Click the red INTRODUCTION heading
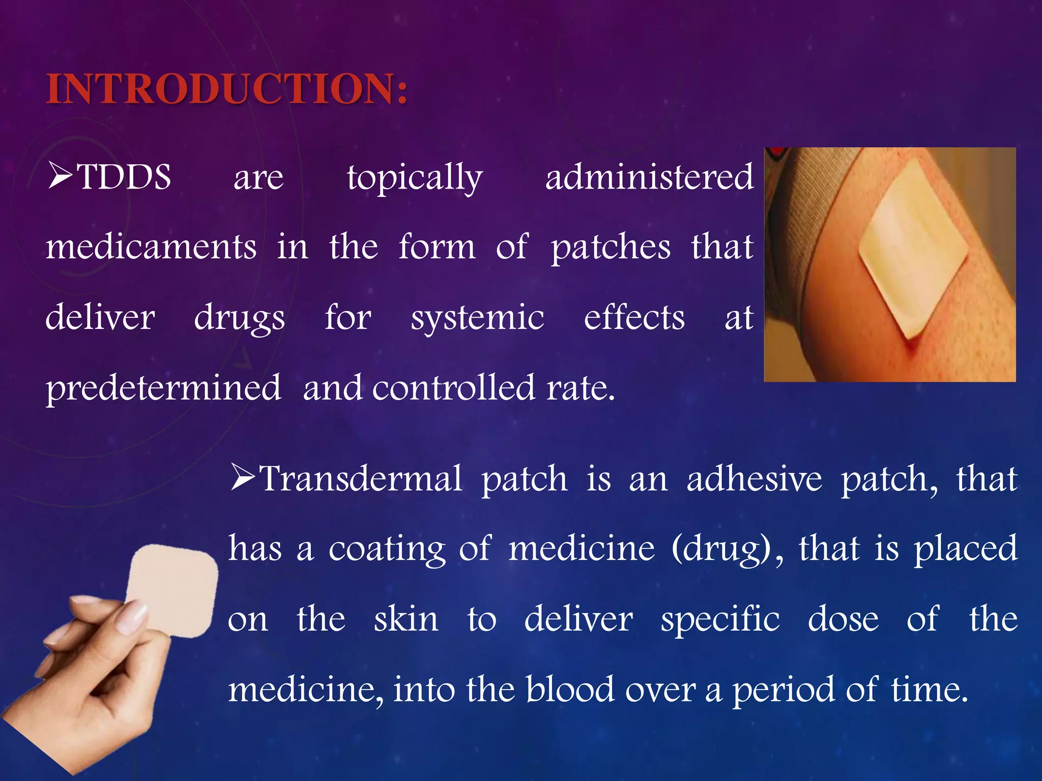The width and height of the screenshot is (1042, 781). (x=226, y=89)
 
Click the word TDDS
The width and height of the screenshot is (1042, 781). (x=124, y=177)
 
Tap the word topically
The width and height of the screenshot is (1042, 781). (x=415, y=178)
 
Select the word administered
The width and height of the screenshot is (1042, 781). (x=649, y=177)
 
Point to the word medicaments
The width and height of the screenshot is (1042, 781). (x=151, y=247)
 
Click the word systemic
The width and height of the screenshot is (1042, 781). (x=477, y=318)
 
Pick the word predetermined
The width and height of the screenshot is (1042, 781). (x=163, y=388)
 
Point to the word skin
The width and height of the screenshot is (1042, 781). (x=406, y=619)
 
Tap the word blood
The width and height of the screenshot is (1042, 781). (x=570, y=689)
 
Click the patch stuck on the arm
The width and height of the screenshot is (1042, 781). (x=913, y=247)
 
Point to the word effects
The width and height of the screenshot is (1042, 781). (x=634, y=318)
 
